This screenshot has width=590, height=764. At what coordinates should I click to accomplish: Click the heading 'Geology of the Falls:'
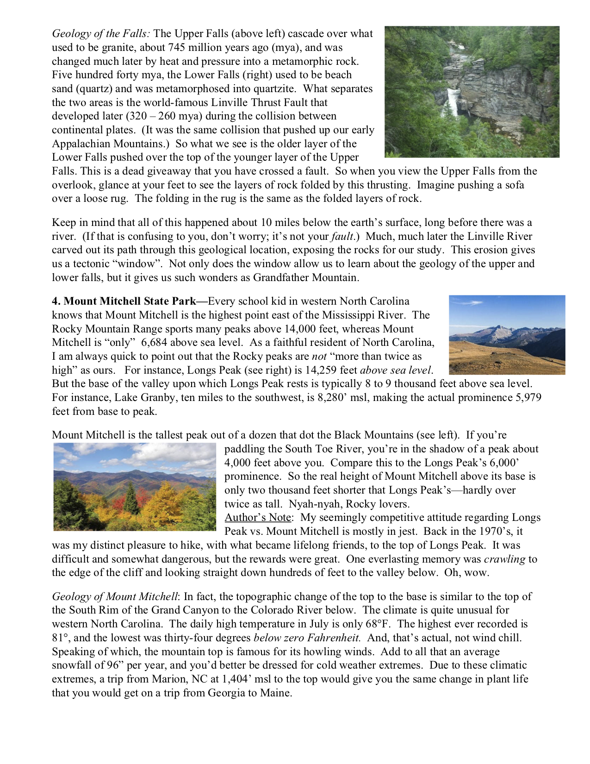101,34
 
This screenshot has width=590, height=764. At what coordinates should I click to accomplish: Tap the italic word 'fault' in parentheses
342,237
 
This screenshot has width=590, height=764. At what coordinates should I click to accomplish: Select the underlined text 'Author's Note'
258,518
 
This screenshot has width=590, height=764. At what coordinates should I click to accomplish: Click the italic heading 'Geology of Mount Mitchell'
114,597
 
